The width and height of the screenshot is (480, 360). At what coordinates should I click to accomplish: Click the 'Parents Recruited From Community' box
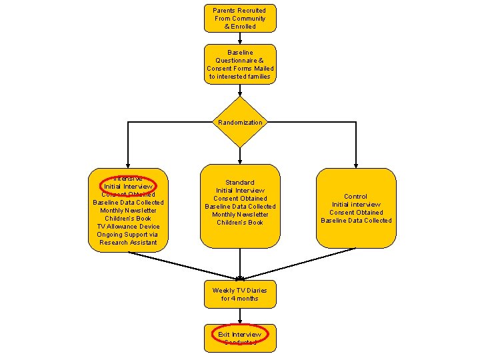(x=240, y=18)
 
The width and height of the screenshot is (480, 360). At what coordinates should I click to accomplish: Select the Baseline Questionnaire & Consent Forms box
(x=240, y=64)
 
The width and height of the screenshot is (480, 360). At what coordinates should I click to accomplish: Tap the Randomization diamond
(x=240, y=123)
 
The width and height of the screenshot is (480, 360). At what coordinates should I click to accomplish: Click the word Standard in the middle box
(x=240, y=182)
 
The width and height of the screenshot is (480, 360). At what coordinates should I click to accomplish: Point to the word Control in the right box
(x=356, y=197)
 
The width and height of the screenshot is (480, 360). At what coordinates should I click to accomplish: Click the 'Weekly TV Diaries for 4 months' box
(x=240, y=294)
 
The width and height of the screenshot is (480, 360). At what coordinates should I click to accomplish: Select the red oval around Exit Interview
(x=240, y=335)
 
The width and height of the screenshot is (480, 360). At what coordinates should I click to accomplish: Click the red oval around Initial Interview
(x=128, y=187)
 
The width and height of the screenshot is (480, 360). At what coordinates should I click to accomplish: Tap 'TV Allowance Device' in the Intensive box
(x=128, y=227)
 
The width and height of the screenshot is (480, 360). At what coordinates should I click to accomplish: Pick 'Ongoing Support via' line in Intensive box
(x=128, y=235)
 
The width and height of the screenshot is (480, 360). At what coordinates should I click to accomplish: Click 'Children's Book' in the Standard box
(x=240, y=222)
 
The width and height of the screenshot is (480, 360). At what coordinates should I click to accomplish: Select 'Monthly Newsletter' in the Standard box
(x=240, y=214)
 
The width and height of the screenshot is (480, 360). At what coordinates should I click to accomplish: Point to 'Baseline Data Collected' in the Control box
(x=356, y=221)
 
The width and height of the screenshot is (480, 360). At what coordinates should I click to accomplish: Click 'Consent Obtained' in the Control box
(x=356, y=213)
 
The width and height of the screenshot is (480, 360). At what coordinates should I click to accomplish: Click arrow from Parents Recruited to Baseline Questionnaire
(x=240, y=38)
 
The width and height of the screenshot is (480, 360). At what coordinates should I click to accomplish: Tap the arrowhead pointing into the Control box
(x=356, y=164)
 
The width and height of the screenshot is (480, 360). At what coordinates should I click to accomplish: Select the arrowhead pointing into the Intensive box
(x=128, y=164)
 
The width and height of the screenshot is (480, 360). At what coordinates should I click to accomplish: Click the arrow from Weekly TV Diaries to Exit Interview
(x=240, y=316)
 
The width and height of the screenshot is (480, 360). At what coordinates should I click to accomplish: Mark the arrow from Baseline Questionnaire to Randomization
(x=240, y=90)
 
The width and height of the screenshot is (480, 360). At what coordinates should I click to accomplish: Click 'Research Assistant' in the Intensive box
(x=128, y=243)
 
